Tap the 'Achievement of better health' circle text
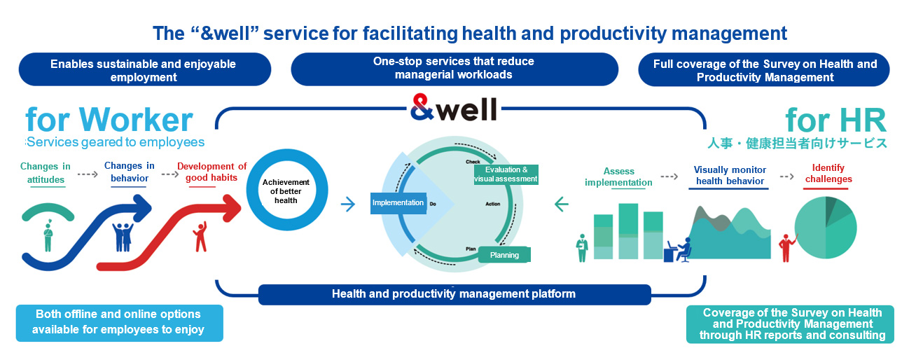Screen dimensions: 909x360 point(286,191)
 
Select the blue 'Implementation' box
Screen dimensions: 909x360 point(398,203)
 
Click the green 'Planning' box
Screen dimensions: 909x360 point(504,255)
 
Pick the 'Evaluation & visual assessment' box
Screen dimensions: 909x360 point(506,174)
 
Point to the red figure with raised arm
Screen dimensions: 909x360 point(200,237)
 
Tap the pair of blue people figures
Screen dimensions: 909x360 point(123,237)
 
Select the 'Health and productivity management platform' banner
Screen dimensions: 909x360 point(455,294)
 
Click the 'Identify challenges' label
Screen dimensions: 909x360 point(828,174)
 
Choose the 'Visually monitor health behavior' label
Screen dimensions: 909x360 point(730,175)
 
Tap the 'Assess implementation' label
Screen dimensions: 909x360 point(618,177)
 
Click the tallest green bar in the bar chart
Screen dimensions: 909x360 point(628,231)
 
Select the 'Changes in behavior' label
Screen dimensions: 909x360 point(130,172)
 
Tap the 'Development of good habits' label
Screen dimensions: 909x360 point(211,172)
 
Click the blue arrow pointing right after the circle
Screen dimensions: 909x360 point(348,204)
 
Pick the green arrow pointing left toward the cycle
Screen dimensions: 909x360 point(561,204)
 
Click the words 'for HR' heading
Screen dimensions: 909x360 point(836,120)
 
